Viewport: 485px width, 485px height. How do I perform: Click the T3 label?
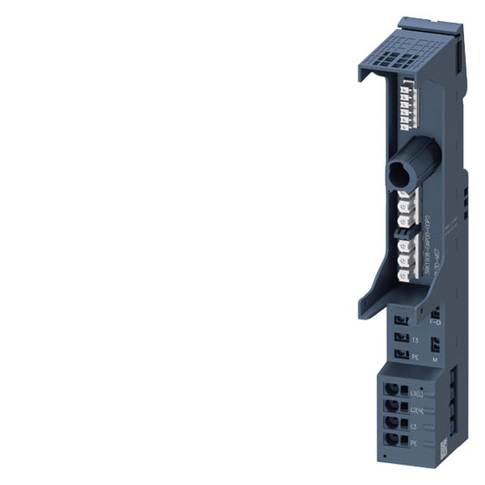415,339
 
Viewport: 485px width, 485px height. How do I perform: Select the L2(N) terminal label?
418,412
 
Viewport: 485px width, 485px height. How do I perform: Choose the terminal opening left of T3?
401,336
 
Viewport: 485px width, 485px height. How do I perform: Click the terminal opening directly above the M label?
435,344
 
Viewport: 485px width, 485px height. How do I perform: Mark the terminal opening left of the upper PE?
401,356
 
